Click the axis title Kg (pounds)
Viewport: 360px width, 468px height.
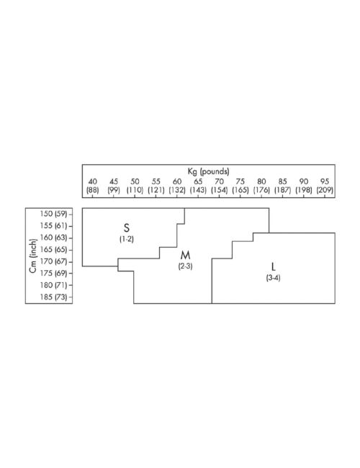tap(208, 171)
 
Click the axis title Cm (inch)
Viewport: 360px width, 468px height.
tap(33, 256)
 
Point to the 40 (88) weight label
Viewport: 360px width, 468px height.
tap(93, 186)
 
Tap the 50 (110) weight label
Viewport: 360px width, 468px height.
tap(135, 186)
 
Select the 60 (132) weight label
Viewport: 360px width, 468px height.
tap(177, 186)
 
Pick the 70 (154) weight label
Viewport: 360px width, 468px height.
tap(219, 186)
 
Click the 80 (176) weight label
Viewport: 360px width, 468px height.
tap(261, 186)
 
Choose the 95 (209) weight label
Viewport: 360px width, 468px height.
tap(325, 186)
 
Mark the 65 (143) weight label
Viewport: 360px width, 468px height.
tap(198, 186)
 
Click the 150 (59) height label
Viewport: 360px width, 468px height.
tap(53, 214)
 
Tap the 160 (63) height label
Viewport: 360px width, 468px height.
tap(53, 238)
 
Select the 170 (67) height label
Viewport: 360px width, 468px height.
tap(53, 261)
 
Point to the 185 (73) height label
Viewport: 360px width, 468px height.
tap(53, 297)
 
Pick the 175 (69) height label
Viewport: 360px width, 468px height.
tap(53, 273)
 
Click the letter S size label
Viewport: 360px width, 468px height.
tap(127, 228)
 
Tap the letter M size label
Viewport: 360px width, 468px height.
tap(185, 255)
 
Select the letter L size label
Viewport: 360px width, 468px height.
tap(273, 266)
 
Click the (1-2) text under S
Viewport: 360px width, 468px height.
tap(127, 239)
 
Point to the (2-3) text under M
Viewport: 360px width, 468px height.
tap(185, 266)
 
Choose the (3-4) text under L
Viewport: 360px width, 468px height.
tap(273, 278)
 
